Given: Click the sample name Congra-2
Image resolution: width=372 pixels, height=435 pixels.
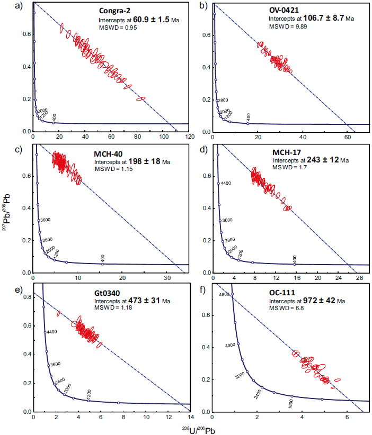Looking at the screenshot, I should click(x=117, y=10).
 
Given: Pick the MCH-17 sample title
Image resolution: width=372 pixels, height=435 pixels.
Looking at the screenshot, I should click(x=289, y=152).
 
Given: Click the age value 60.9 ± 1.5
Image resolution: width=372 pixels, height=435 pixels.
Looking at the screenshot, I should click(x=153, y=19).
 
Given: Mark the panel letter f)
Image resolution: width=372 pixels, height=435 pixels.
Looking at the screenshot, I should click(x=201, y=289).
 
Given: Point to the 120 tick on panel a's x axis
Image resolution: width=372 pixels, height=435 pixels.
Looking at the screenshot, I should click(x=188, y=137).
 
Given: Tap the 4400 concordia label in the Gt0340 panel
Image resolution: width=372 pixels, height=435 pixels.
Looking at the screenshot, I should click(x=52, y=332).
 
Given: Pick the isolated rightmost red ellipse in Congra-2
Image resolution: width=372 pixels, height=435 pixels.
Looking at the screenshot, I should click(x=140, y=98).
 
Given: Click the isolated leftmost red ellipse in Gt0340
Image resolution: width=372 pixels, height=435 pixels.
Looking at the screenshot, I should click(x=58, y=313).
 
